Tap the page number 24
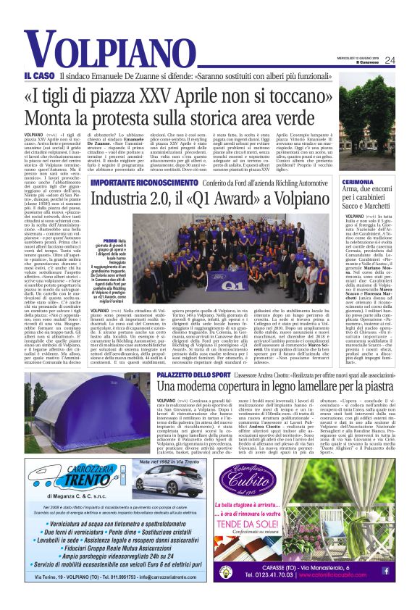tap(390, 60)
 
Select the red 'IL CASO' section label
tap(38, 76)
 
